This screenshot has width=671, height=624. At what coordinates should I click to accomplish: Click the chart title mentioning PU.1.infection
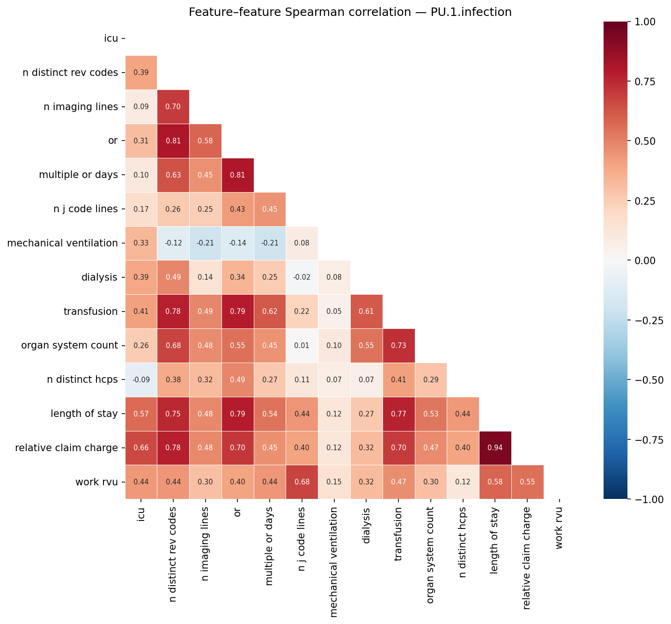click(350, 12)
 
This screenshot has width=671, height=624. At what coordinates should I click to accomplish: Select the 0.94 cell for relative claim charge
click(495, 448)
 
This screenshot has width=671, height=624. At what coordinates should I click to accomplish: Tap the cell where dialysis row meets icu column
click(141, 277)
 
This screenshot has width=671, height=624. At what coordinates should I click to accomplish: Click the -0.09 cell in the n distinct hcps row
click(141, 380)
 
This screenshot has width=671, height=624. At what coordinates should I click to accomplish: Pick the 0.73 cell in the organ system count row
click(398, 346)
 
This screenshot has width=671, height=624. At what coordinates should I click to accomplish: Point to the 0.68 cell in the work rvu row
click(302, 482)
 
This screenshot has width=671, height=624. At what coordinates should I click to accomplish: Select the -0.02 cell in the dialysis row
click(302, 277)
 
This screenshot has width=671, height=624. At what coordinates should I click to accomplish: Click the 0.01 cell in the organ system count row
click(302, 346)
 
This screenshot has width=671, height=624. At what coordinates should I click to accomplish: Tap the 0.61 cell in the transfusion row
click(366, 312)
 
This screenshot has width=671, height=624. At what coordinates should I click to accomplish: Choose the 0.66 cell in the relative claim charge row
click(141, 448)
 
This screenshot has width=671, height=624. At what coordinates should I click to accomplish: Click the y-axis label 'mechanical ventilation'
click(62, 243)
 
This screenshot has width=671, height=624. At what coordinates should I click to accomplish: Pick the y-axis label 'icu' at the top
click(111, 38)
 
